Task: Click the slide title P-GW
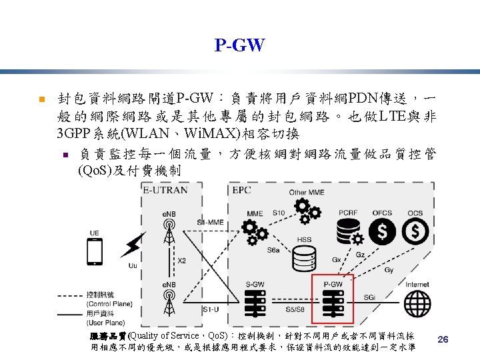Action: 239,45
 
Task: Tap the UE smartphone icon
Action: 95,252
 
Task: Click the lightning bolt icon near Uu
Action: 133,246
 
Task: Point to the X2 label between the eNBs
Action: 182,261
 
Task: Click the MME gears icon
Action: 255,232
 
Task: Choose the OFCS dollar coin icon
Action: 383,231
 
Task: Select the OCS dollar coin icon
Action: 416,231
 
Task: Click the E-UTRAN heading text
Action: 163,190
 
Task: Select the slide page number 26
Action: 443,340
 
